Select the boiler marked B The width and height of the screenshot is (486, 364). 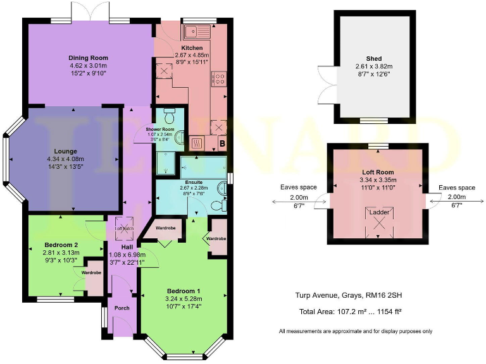(x=222, y=143)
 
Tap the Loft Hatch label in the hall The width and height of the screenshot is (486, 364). (x=123, y=228)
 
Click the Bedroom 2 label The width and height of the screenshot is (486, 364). (x=61, y=245)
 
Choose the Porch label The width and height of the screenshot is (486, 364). (x=122, y=308)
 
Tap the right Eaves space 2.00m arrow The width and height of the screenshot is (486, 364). (x=456, y=201)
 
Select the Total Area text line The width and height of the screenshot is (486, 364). (x=351, y=312)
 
